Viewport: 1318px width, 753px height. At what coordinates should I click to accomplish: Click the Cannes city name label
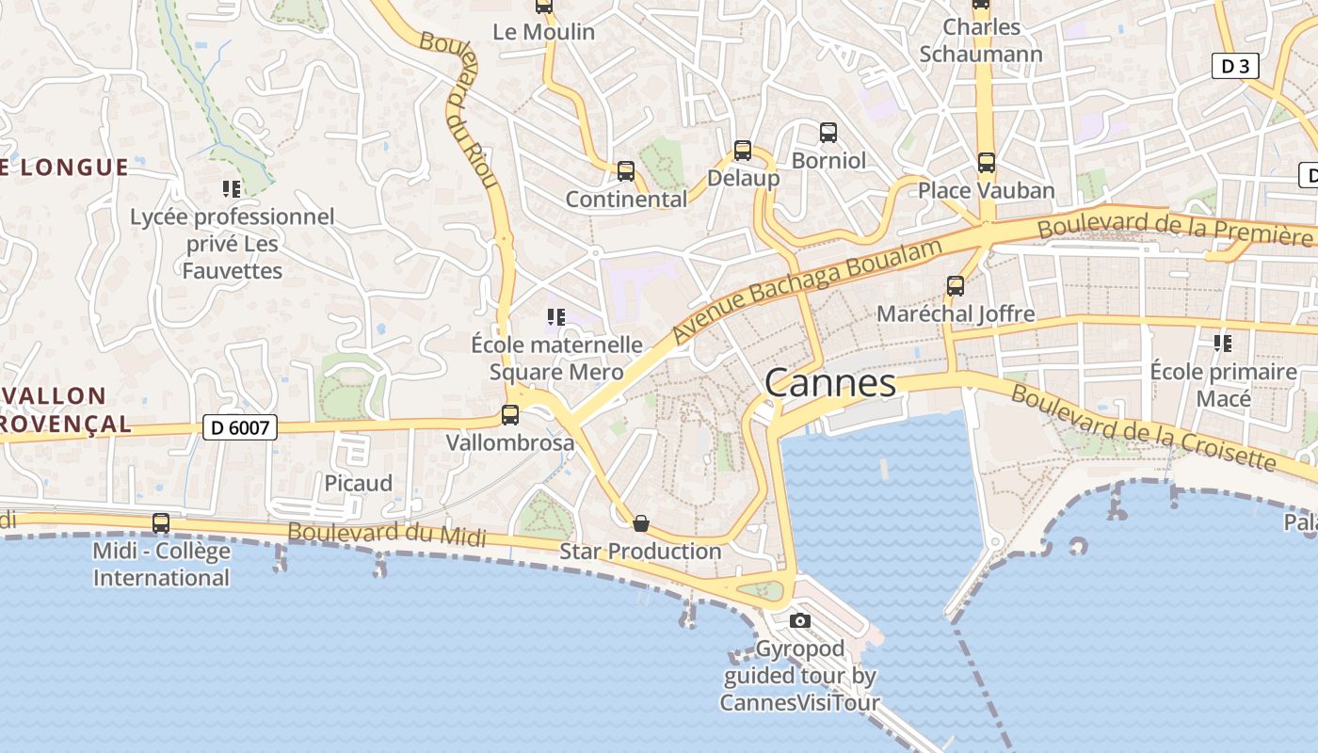coord(830,383)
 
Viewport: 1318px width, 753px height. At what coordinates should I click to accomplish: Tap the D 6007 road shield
coord(240,428)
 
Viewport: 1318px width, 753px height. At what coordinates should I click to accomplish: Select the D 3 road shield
coord(1234,66)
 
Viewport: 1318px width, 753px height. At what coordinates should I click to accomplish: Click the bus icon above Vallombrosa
coord(510,414)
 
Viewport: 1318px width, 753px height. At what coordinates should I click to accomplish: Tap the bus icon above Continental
coord(626,171)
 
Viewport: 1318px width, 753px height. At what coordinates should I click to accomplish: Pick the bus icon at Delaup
coord(743,150)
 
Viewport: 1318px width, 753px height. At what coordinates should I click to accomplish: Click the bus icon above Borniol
coord(828,133)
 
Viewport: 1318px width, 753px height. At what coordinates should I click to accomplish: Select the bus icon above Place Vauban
coord(987,163)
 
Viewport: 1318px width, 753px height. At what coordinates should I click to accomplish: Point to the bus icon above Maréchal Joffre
coord(956,285)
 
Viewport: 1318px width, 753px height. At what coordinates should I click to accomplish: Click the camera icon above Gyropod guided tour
coord(800,620)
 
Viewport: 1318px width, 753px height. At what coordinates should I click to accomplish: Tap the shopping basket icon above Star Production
coord(641,523)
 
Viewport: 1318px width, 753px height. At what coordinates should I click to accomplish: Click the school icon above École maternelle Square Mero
coord(556,317)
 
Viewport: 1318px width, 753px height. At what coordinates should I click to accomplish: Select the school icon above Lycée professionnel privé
coord(232,189)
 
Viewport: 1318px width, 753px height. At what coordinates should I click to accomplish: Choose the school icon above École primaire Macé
coord(1223,344)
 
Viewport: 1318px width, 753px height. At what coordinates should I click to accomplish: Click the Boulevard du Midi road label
coord(387,535)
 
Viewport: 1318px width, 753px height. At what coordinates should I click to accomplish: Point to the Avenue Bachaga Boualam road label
coord(807,291)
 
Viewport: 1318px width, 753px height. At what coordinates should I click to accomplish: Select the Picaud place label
coord(358,483)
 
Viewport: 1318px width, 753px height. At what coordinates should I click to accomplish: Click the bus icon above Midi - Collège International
coord(161,523)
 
